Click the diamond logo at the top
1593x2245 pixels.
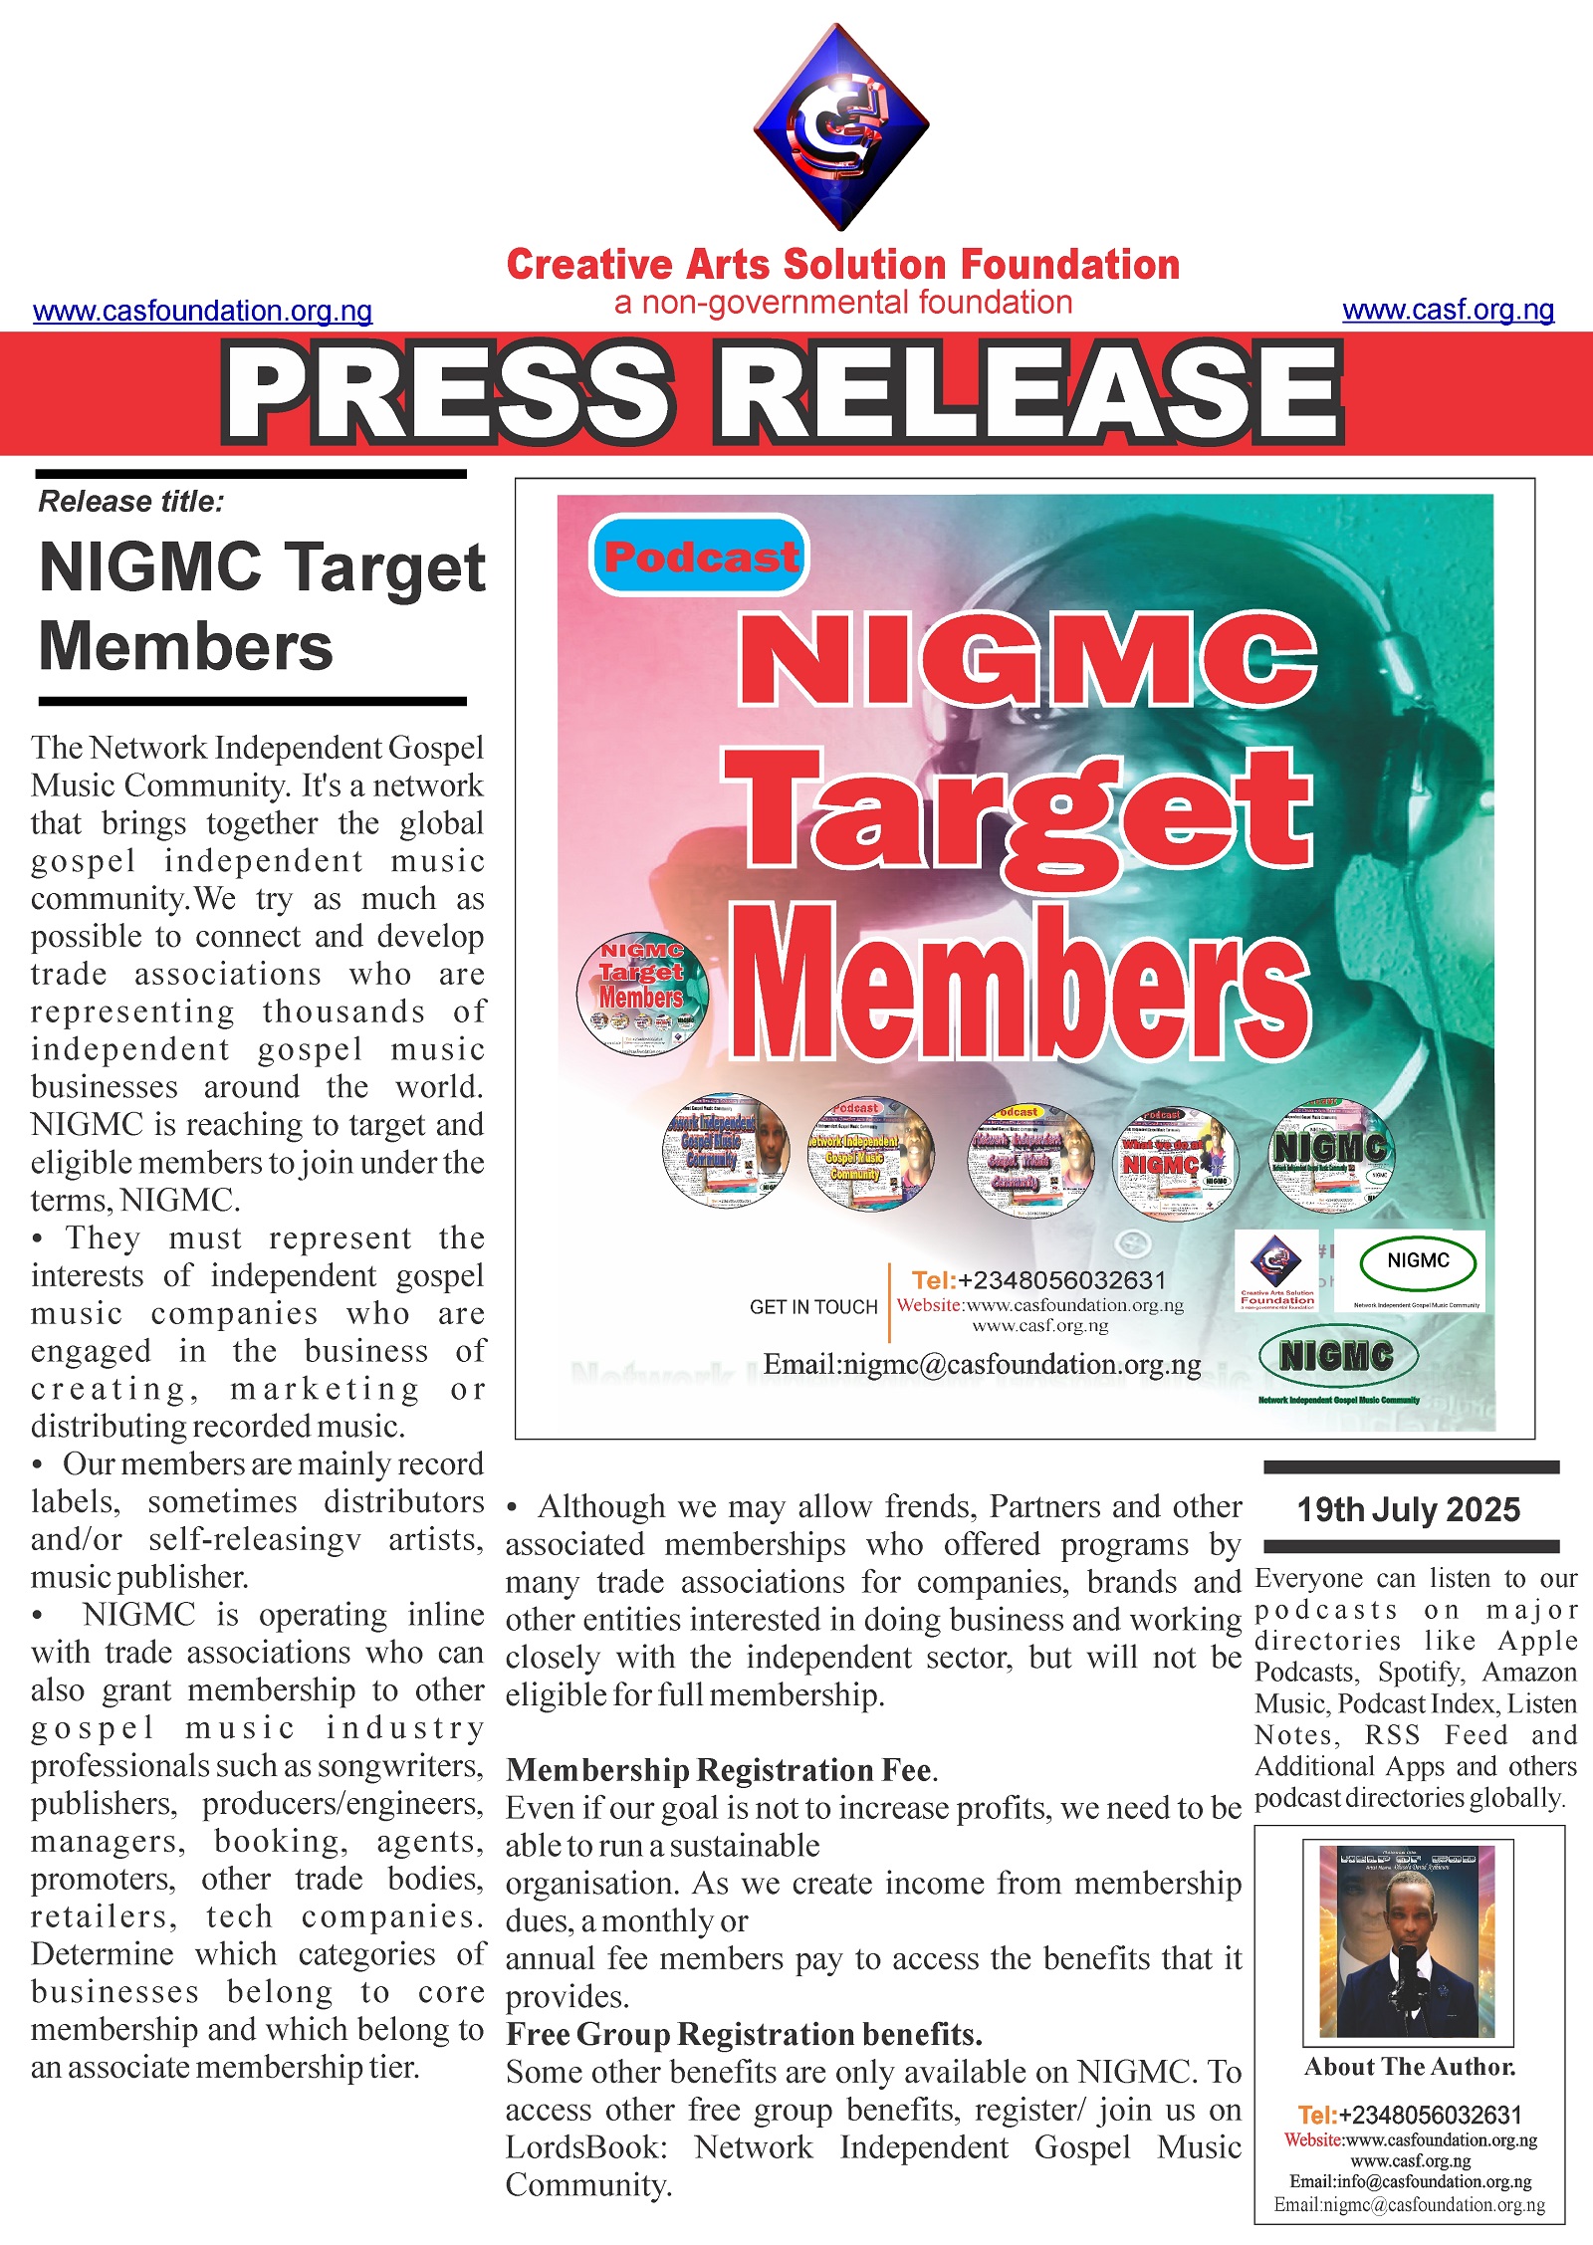(841, 126)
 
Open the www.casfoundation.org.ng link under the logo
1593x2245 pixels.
(203, 311)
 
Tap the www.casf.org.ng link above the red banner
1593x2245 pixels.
(1448, 310)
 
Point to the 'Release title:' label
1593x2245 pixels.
(131, 502)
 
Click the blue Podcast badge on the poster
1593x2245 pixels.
(700, 556)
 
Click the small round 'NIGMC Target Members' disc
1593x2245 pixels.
(642, 994)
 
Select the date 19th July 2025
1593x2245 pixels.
(1408, 1510)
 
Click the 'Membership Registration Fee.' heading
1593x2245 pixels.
(722, 1769)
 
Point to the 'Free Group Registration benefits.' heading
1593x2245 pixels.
(744, 2034)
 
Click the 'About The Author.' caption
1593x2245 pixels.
(1410, 2068)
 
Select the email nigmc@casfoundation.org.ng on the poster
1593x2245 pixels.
(982, 1364)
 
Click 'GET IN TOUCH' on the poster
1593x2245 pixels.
(813, 1307)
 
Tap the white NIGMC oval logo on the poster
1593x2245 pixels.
(1418, 1262)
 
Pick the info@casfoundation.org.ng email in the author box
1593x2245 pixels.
(1410, 2182)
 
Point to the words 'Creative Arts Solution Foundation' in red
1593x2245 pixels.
(843, 265)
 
